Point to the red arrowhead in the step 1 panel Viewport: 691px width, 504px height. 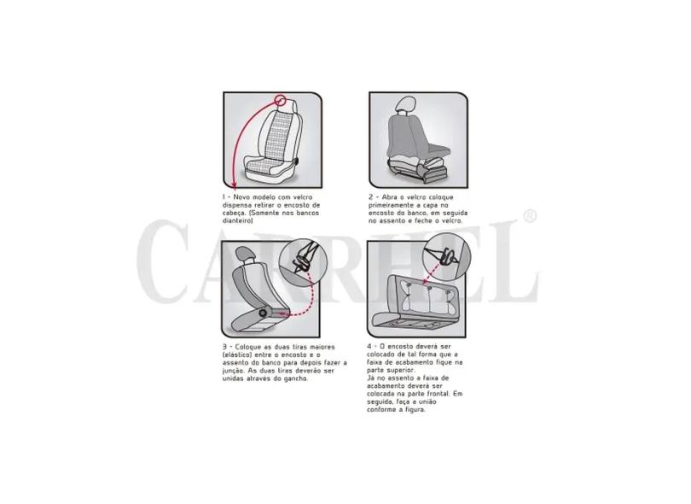[234, 184]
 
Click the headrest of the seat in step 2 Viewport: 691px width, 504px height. [404, 104]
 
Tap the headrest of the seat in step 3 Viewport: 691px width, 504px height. [243, 253]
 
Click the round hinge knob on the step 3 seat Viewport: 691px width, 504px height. [263, 313]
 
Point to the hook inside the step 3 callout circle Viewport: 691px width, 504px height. [302, 261]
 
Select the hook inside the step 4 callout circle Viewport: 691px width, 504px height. [449, 256]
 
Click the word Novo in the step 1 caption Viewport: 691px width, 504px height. [242, 197]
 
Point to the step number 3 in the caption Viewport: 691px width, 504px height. [224, 348]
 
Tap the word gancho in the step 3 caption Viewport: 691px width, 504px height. [296, 378]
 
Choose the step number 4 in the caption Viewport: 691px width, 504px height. [369, 347]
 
